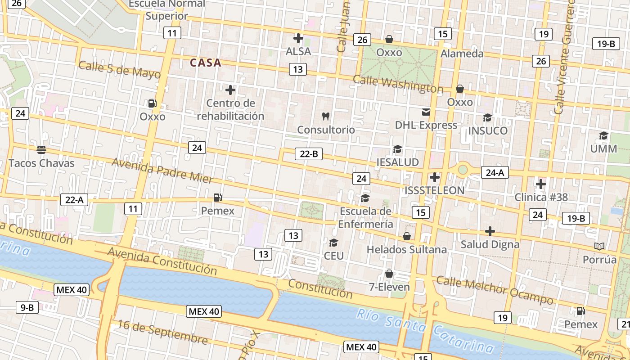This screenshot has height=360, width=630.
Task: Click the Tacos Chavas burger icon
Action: (x=41, y=149)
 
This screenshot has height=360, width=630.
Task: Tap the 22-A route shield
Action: (x=74, y=200)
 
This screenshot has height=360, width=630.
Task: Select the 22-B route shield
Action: (x=309, y=154)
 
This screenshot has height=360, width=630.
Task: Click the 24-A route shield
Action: (x=495, y=172)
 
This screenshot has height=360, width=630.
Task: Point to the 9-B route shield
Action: (x=27, y=307)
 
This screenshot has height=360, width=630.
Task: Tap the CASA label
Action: (x=206, y=63)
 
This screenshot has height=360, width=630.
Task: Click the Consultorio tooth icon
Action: (x=326, y=116)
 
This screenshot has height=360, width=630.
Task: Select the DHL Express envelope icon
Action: (x=426, y=112)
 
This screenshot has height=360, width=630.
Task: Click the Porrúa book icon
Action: (x=599, y=246)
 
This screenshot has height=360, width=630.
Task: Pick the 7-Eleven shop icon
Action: (x=389, y=274)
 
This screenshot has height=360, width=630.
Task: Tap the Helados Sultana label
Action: (x=407, y=249)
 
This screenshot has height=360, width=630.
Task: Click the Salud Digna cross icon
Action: (x=490, y=231)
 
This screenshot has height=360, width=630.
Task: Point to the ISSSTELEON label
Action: (x=434, y=190)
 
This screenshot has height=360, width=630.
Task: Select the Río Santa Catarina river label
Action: (x=425, y=331)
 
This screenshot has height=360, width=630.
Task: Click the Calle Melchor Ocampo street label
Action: (x=495, y=291)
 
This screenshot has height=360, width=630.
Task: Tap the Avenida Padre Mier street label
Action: (x=162, y=171)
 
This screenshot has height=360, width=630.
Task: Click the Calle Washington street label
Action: (x=398, y=84)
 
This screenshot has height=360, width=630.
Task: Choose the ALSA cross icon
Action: (x=298, y=38)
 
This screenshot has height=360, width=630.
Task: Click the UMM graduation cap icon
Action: (x=603, y=135)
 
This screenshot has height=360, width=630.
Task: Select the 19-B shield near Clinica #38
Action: (x=576, y=219)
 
